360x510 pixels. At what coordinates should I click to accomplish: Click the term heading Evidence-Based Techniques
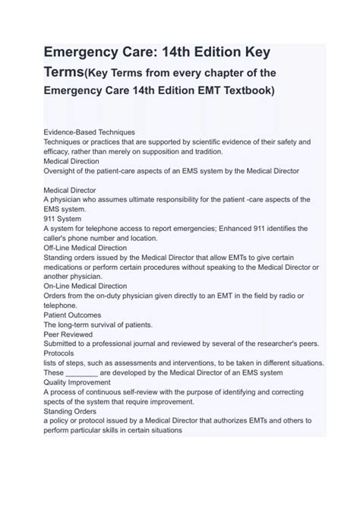tap(89, 131)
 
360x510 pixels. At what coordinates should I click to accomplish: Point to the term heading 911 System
tap(64, 218)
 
